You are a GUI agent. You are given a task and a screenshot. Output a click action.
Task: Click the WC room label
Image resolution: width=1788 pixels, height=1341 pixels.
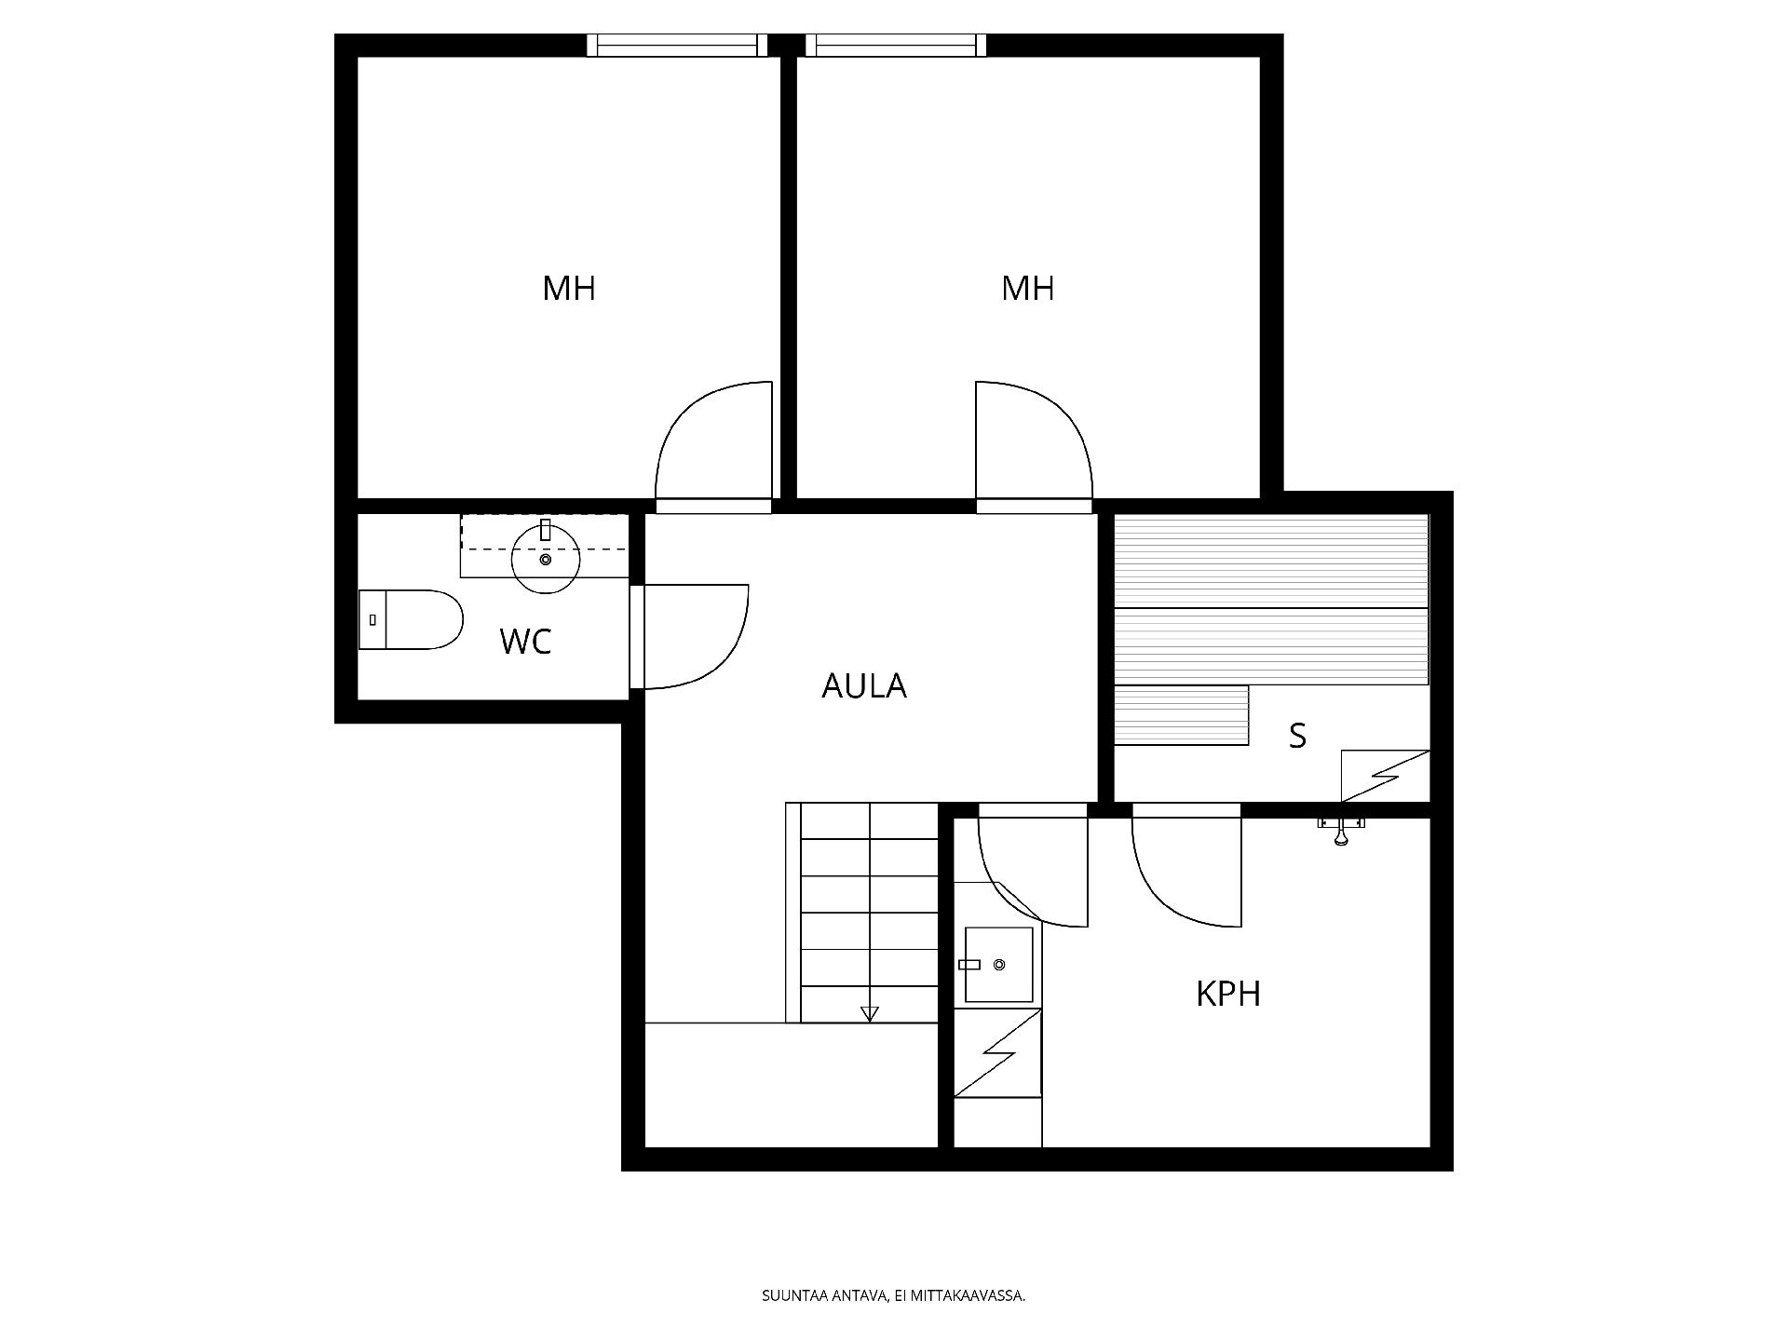[x=525, y=642]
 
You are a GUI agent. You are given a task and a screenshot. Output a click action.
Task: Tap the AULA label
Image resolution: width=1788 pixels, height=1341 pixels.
[x=864, y=686]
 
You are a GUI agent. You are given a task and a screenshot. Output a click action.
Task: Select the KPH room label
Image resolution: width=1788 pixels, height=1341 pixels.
[x=1228, y=995]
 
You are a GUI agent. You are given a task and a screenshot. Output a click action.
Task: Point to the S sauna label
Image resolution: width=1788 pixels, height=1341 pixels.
[x=1297, y=736]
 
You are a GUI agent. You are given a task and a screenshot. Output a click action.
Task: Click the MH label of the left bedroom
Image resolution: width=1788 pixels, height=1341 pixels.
[x=569, y=289]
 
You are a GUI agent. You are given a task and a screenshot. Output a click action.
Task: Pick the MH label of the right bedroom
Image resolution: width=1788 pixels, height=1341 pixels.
[x=1028, y=289]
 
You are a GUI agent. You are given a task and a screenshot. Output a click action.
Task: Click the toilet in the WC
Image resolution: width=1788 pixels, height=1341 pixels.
[x=411, y=619]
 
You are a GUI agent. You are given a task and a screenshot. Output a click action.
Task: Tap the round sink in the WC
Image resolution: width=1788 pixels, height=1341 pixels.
[x=546, y=559]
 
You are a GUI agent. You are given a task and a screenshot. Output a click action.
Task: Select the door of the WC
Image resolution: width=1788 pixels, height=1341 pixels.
[x=694, y=637]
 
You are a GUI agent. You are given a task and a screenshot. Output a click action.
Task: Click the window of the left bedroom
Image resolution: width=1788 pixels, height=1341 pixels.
[x=677, y=45]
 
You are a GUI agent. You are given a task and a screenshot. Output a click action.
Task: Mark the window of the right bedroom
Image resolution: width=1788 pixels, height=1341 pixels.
[x=896, y=45]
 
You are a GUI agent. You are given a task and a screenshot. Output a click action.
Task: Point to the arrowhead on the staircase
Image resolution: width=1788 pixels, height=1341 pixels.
[x=870, y=1014]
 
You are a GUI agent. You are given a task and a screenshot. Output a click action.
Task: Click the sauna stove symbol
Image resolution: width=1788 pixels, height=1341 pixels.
[x=1385, y=776]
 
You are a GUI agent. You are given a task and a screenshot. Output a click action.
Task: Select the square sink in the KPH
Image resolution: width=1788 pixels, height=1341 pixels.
[x=999, y=965]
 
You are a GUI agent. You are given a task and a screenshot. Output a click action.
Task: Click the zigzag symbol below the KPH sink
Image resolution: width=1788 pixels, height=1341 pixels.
[x=998, y=1053]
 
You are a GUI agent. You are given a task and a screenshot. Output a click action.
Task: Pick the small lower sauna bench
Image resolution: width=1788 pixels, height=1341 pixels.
[x=1181, y=715]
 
